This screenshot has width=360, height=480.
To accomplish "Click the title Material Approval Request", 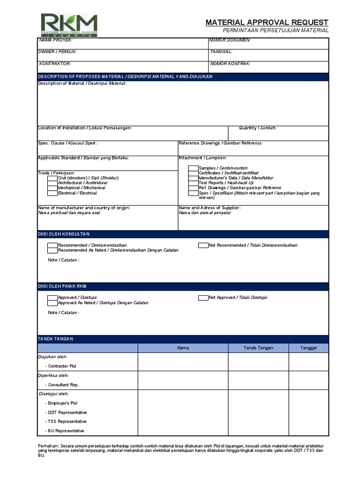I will click(267, 22).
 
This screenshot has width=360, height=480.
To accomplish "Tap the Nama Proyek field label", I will click(55, 40).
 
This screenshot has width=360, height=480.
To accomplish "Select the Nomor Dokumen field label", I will click(230, 40).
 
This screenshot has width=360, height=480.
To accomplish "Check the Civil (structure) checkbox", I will click(52, 178).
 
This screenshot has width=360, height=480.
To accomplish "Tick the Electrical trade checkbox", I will click(52, 193).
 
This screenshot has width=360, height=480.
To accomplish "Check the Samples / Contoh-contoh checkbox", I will click(193, 168).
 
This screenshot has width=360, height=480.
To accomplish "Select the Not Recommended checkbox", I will click(203, 245).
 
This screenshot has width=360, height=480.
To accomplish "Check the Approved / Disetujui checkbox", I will click(52, 298).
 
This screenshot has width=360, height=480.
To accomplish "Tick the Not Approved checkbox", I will click(203, 298).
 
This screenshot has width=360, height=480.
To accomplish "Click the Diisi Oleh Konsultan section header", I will click(64, 234).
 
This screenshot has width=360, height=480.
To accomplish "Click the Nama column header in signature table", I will click(183, 348).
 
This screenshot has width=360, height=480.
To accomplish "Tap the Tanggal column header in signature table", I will click(308, 348).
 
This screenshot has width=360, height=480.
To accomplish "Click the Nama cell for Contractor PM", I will click(183, 362).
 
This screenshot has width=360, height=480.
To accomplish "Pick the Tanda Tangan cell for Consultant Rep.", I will click(258, 381).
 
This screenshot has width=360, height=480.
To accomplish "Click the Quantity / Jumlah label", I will click(257, 128).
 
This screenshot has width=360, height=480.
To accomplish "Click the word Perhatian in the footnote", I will click(47, 446).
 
